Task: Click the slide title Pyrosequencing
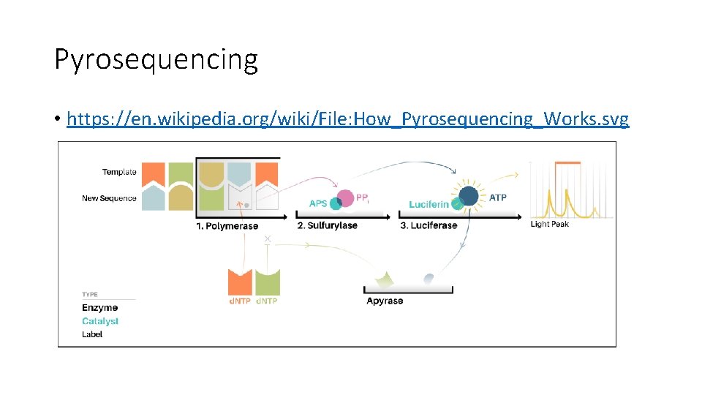(156, 59)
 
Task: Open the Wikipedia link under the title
(347, 118)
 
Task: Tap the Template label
(119, 172)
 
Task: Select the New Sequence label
(109, 198)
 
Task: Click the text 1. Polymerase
(227, 226)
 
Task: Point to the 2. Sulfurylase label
(328, 226)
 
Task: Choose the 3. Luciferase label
(429, 226)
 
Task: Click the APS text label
(318, 203)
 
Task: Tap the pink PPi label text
(362, 197)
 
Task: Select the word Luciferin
(429, 204)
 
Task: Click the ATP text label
(497, 197)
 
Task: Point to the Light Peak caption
(549, 224)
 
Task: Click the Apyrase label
(384, 301)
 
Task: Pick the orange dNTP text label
(240, 301)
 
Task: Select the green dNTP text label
(267, 301)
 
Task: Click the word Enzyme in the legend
(99, 308)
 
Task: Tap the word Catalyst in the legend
(99, 321)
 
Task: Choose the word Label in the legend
(92, 334)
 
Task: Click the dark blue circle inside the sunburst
(468, 196)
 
